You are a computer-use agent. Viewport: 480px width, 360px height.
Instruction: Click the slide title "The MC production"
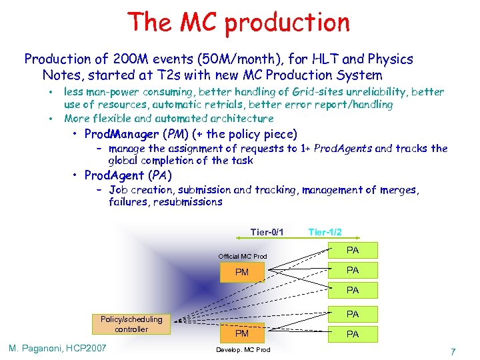coord(240,22)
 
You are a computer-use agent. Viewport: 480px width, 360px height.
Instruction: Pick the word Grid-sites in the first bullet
coord(279,92)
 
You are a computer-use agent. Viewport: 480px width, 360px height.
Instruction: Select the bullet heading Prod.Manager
coord(123,133)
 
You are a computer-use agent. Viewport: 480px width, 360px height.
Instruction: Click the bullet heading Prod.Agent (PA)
coord(128,175)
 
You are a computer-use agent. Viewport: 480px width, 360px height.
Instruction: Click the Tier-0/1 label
coord(267,232)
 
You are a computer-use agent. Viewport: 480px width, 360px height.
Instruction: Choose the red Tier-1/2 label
coord(325,232)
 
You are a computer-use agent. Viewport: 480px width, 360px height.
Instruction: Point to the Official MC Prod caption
coord(243,257)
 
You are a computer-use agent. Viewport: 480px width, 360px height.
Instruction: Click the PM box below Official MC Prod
coord(242,272)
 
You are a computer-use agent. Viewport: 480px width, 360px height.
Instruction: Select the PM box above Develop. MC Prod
coord(242,333)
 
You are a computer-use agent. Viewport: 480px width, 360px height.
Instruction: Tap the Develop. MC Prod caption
coord(243,350)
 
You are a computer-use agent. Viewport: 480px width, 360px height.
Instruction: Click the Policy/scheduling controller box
coord(131,324)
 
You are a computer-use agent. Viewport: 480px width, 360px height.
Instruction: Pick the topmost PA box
coord(353,250)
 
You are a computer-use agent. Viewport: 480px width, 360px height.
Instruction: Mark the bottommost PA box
coord(353,334)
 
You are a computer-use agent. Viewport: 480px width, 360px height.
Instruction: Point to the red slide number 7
coord(453,351)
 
